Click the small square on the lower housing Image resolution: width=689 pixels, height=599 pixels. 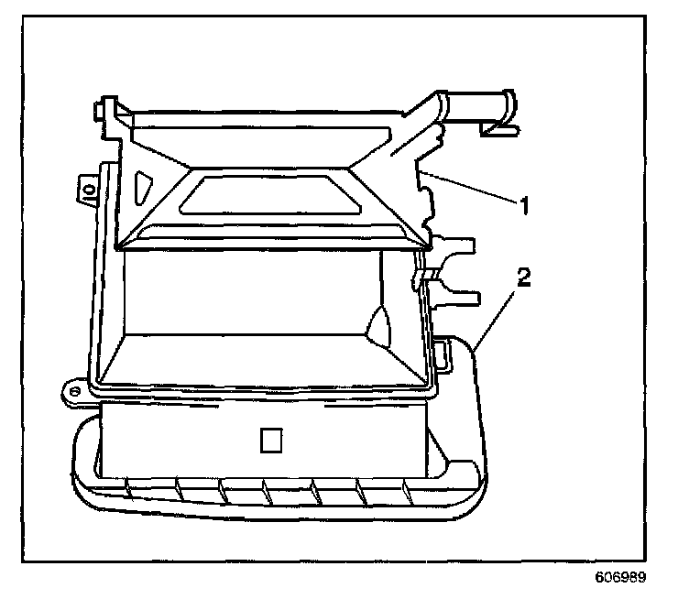point(271,441)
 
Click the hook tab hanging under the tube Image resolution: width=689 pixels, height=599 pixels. point(500,129)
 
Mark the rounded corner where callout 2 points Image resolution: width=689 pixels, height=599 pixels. point(473,349)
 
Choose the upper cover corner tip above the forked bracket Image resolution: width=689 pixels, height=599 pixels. point(429,242)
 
